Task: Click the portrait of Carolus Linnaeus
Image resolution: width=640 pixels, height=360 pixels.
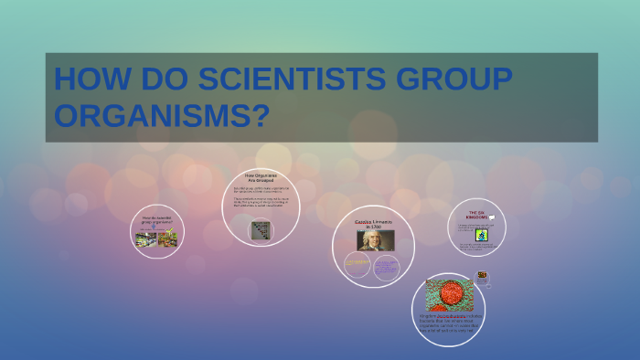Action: [x=374, y=240]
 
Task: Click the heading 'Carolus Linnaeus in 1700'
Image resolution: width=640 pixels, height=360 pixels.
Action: [x=374, y=224]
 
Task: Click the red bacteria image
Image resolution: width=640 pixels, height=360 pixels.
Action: [x=449, y=295]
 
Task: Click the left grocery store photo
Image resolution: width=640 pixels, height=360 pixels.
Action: [x=145, y=239]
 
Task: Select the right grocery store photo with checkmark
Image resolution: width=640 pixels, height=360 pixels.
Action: [x=167, y=239]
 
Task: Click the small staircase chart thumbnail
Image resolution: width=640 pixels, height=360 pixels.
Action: [x=261, y=230]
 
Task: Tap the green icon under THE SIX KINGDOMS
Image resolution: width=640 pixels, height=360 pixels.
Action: [x=481, y=235]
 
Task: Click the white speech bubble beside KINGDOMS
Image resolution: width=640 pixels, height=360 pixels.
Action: [x=492, y=217]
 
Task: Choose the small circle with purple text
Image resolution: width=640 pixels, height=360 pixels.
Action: [x=387, y=268]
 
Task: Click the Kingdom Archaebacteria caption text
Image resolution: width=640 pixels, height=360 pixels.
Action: [x=449, y=323]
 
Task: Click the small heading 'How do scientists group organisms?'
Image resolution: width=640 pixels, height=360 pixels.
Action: [x=156, y=220]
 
